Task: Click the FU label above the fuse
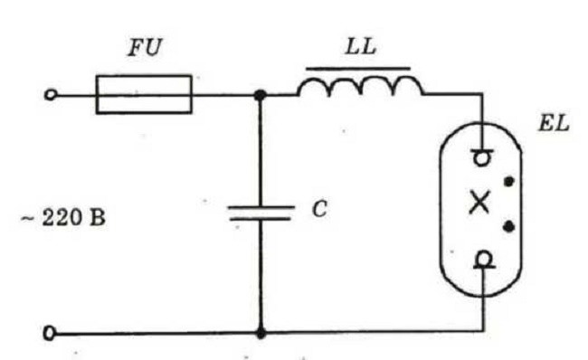pyautogui.click(x=145, y=48)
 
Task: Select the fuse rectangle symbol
pyautogui.click(x=144, y=76)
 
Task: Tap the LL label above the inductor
pyautogui.click(x=361, y=47)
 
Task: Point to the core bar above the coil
pyautogui.click(x=358, y=69)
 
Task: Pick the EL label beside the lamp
pyautogui.click(x=554, y=123)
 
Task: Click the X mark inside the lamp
pyautogui.click(x=479, y=202)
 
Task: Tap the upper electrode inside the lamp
pyautogui.click(x=482, y=157)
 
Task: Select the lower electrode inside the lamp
pyautogui.click(x=484, y=260)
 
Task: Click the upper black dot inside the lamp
pyautogui.click(x=508, y=182)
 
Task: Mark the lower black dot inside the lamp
pyautogui.click(x=508, y=226)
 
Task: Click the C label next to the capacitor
pyautogui.click(x=319, y=209)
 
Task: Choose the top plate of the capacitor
pyautogui.click(x=261, y=207)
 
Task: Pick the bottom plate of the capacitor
pyautogui.click(x=261, y=218)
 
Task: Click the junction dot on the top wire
pyautogui.click(x=260, y=95)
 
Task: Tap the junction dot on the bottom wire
pyautogui.click(x=261, y=333)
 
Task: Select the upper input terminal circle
pyautogui.click(x=51, y=94)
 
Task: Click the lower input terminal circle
pyautogui.click(x=50, y=333)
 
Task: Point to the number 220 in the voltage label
pyautogui.click(x=62, y=217)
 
